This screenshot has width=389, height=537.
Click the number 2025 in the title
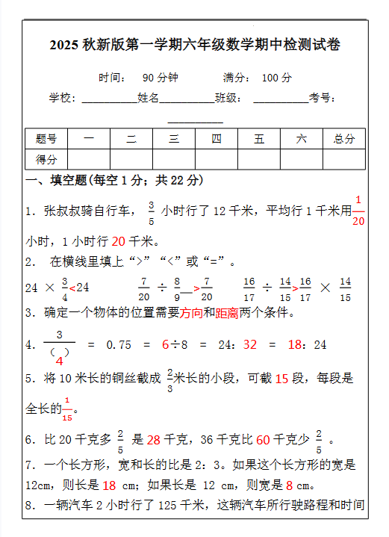(x=65, y=46)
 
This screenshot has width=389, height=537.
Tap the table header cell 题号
(x=46, y=139)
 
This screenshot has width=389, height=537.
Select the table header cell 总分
(x=344, y=139)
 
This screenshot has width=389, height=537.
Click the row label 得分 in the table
(x=46, y=159)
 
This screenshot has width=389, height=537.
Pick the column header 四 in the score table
(x=217, y=139)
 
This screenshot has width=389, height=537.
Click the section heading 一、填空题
(x=57, y=181)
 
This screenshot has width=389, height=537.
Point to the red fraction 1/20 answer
(x=358, y=211)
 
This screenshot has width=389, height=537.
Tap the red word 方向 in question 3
(x=191, y=313)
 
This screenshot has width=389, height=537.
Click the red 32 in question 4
(x=249, y=345)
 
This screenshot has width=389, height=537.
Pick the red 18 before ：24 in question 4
(x=295, y=345)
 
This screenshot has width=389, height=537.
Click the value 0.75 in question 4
(x=119, y=345)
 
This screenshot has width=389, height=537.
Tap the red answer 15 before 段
(x=281, y=379)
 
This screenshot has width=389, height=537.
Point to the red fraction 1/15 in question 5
(x=68, y=409)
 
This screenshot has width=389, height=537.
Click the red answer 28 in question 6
(x=154, y=440)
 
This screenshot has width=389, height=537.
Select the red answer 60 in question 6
(x=262, y=440)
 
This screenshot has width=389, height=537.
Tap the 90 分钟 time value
(x=160, y=78)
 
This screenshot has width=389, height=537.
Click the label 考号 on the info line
(x=323, y=98)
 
